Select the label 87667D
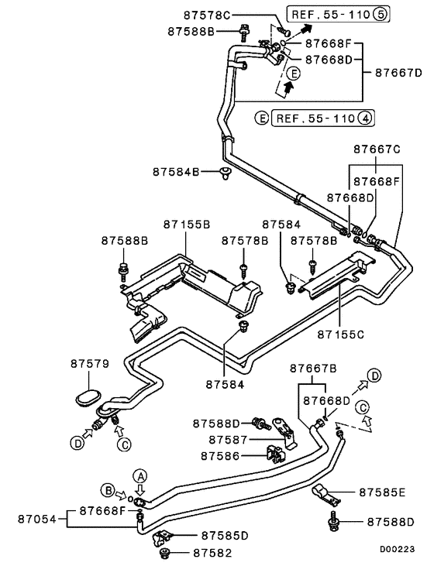pyautogui.click(x=398, y=72)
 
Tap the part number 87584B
pyautogui.click(x=176, y=171)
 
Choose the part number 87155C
pyautogui.click(x=340, y=334)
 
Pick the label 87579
pyautogui.click(x=90, y=362)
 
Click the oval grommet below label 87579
pyautogui.click(x=88, y=397)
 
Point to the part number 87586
pyautogui.click(x=223, y=456)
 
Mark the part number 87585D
pyautogui.click(x=225, y=535)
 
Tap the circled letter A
pyautogui.click(x=140, y=475)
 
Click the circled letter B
pyautogui.click(x=107, y=489)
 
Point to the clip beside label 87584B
pyautogui.click(x=226, y=172)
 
